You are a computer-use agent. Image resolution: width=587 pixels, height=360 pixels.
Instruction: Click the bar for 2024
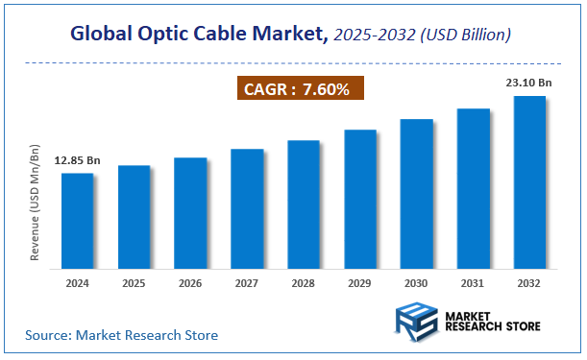tap(77, 220)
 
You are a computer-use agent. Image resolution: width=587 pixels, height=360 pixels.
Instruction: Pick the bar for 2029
tap(360, 198)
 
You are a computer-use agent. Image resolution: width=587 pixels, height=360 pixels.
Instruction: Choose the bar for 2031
tap(474, 187)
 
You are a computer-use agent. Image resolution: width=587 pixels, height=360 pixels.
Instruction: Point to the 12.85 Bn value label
tap(77, 161)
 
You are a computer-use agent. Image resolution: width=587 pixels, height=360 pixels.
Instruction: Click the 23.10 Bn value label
tap(528, 84)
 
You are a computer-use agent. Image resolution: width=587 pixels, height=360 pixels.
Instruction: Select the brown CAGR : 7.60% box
tap(301, 88)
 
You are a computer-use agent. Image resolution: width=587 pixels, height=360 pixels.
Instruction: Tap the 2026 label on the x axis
tap(190, 284)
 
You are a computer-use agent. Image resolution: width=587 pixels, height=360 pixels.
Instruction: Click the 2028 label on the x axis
tap(304, 284)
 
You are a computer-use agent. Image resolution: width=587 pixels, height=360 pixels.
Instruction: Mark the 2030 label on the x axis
tap(417, 284)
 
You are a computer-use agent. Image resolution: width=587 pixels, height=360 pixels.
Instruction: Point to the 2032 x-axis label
tap(529, 284)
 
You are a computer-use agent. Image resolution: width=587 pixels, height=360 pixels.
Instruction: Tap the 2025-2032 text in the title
tap(379, 36)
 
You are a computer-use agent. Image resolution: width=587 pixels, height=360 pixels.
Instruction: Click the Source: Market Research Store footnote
tap(121, 335)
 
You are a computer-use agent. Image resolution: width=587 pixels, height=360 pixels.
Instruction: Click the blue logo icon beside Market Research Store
tap(416, 320)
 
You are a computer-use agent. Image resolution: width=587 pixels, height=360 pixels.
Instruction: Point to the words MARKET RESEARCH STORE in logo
tap(494, 320)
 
